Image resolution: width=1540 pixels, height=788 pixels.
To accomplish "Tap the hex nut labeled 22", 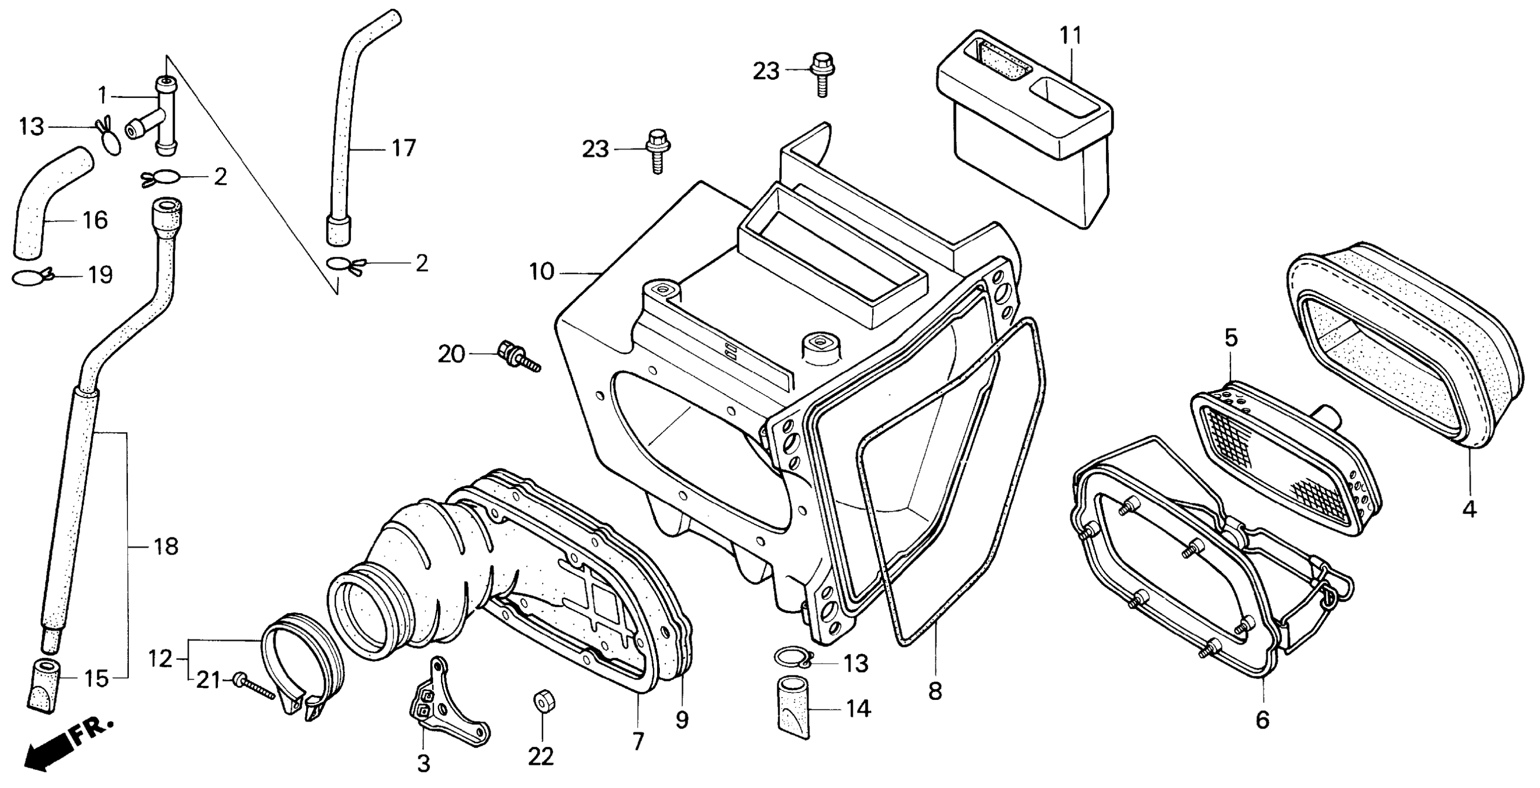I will [542, 701].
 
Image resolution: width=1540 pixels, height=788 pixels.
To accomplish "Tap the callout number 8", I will [935, 691].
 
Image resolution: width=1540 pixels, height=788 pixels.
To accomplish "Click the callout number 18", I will [166, 546].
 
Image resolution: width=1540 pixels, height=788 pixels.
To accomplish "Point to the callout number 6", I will [1262, 720].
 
